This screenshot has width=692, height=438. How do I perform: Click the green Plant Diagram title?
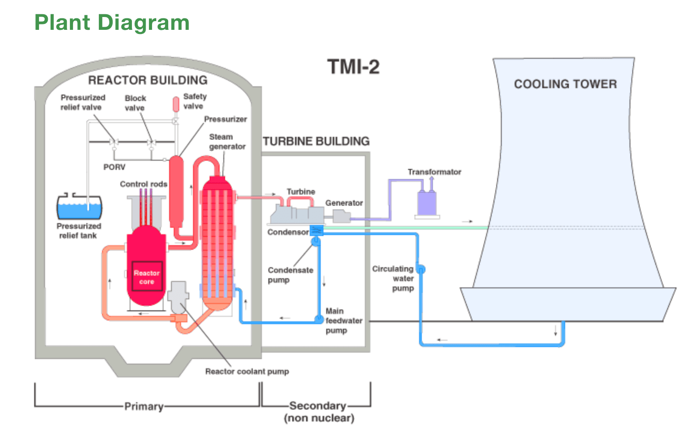112,23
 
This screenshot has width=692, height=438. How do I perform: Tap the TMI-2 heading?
353,67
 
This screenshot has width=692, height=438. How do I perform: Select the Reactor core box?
147,276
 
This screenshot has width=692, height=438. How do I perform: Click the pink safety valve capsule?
176,104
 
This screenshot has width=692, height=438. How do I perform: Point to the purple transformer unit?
427,203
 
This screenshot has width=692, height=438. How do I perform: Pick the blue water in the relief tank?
79,211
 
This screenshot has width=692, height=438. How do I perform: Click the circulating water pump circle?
421,269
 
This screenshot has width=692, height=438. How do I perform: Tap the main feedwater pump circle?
319,319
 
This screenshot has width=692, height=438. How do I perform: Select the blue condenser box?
316,230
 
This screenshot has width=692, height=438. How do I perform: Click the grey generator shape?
341,216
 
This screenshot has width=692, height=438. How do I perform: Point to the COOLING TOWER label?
565,84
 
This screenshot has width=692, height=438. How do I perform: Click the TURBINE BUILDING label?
316,141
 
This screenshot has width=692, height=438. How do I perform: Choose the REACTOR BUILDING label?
147,80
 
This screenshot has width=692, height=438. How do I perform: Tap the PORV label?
114,167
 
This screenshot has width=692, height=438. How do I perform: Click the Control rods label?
144,184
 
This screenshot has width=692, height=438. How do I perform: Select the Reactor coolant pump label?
247,371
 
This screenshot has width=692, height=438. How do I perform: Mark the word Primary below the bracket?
144,406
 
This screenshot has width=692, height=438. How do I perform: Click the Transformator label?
434,172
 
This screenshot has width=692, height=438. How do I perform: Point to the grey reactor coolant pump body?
178,296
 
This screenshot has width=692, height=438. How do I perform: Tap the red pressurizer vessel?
176,191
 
